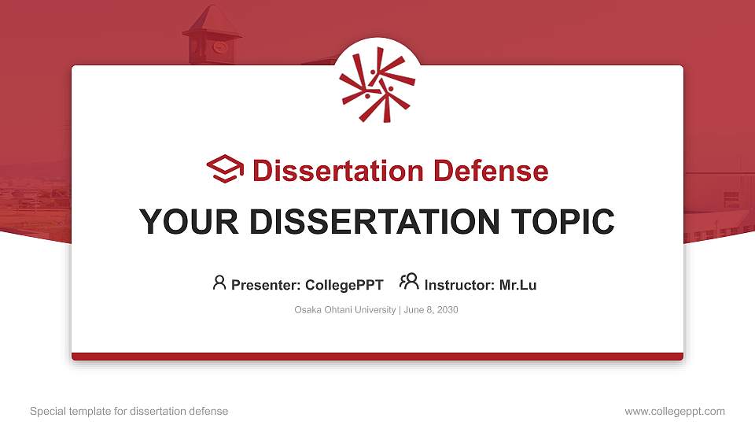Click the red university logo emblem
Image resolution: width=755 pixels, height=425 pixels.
click(377, 85)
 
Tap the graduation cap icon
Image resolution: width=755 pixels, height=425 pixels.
click(225, 169)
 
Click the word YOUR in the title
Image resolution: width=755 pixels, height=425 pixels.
click(185, 222)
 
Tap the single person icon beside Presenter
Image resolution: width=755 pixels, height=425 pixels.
click(219, 283)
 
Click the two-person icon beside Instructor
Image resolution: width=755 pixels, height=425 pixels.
click(409, 282)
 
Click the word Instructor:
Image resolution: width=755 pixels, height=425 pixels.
click(459, 285)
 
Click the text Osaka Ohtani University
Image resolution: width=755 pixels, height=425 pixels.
click(345, 310)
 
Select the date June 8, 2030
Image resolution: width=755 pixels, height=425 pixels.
click(431, 310)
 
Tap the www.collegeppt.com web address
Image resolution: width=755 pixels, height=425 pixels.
click(675, 412)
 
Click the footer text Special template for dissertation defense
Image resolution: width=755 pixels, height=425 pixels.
click(129, 412)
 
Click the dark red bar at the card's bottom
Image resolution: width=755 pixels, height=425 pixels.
click(377, 357)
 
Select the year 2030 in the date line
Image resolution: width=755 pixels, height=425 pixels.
click(446, 310)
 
